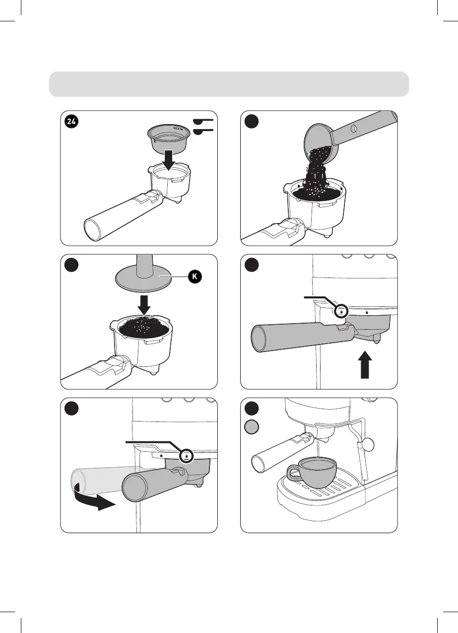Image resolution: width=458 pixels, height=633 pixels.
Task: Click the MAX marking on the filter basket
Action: [177, 128]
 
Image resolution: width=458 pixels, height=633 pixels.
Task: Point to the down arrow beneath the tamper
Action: [144, 303]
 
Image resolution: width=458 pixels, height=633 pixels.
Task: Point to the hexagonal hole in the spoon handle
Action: [353, 130]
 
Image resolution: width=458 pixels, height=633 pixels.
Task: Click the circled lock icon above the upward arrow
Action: [341, 311]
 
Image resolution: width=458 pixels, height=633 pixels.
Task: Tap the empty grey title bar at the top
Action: [229, 83]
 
